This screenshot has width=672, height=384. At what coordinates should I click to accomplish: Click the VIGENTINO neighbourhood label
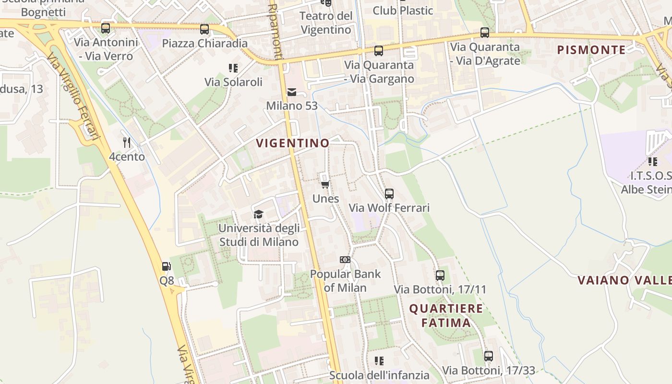tap(293, 143)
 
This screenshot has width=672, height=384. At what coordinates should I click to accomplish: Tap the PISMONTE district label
tap(591, 49)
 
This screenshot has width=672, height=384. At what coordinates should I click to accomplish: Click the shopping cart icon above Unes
tap(325, 185)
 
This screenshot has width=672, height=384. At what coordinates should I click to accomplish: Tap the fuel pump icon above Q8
tap(166, 266)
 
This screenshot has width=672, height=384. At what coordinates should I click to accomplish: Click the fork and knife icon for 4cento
tap(127, 142)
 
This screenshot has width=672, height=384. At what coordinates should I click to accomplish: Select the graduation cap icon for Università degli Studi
tap(259, 214)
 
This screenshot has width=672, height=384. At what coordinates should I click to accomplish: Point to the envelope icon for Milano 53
tap(292, 92)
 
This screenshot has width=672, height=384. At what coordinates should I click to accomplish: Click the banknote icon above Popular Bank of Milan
tap(345, 260)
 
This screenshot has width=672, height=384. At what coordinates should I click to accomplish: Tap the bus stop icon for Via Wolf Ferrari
tap(389, 194)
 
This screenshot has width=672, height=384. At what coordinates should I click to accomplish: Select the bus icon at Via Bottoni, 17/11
tap(440, 276)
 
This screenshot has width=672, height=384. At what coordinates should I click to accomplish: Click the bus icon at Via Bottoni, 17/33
tap(489, 356)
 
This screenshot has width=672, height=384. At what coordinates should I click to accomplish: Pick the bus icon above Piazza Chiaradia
tap(204, 29)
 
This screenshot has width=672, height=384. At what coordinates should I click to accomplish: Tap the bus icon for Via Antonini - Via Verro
tap(106, 28)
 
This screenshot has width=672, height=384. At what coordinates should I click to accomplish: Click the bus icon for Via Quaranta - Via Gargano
tap(379, 51)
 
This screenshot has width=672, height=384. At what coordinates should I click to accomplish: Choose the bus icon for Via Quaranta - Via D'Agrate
tap(485, 33)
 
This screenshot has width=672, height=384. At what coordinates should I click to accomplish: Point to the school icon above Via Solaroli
tap(233, 68)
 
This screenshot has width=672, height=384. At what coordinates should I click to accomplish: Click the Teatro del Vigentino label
tap(326, 23)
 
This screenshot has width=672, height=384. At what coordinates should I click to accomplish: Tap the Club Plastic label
tap(403, 10)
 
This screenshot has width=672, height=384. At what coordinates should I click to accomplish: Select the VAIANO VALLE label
tap(624, 280)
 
